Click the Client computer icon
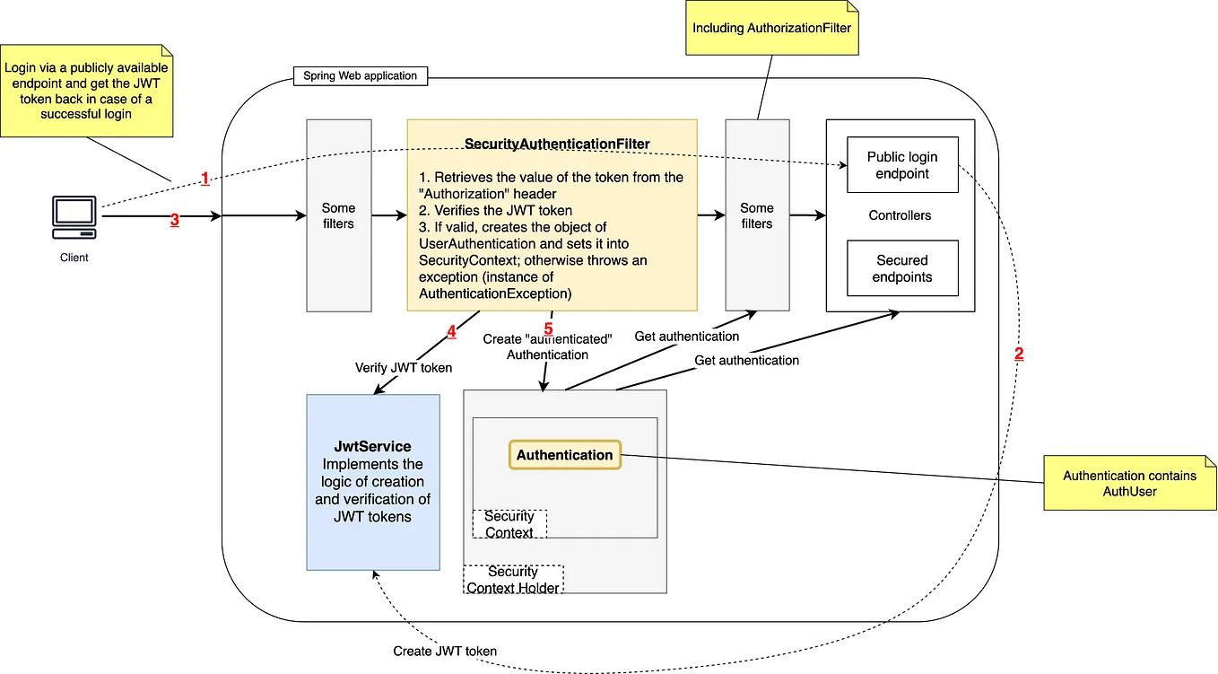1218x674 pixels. pos(74,218)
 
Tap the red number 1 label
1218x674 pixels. pos(204,179)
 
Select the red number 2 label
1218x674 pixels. pos(1019,354)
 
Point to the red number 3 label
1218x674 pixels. pos(175,219)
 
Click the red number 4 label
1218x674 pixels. pos(451,331)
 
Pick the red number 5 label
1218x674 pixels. pos(548,328)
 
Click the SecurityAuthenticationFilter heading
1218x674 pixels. pos(557,144)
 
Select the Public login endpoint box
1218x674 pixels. pos(902,165)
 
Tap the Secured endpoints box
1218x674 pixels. pos(902,268)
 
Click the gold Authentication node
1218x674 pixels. pos(564,455)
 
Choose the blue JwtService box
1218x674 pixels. pos(373,482)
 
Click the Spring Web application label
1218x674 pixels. pos(361,75)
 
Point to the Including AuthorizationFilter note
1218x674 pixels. pos(771,28)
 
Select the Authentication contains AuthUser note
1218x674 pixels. pos(1129,483)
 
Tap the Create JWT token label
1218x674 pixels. pos(445,651)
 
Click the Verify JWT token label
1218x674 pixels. pos(404,367)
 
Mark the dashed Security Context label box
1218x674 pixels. pos(509,524)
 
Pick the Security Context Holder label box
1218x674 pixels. pos(513,580)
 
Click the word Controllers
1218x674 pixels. pos(900,215)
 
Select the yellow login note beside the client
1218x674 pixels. pos(86,91)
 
